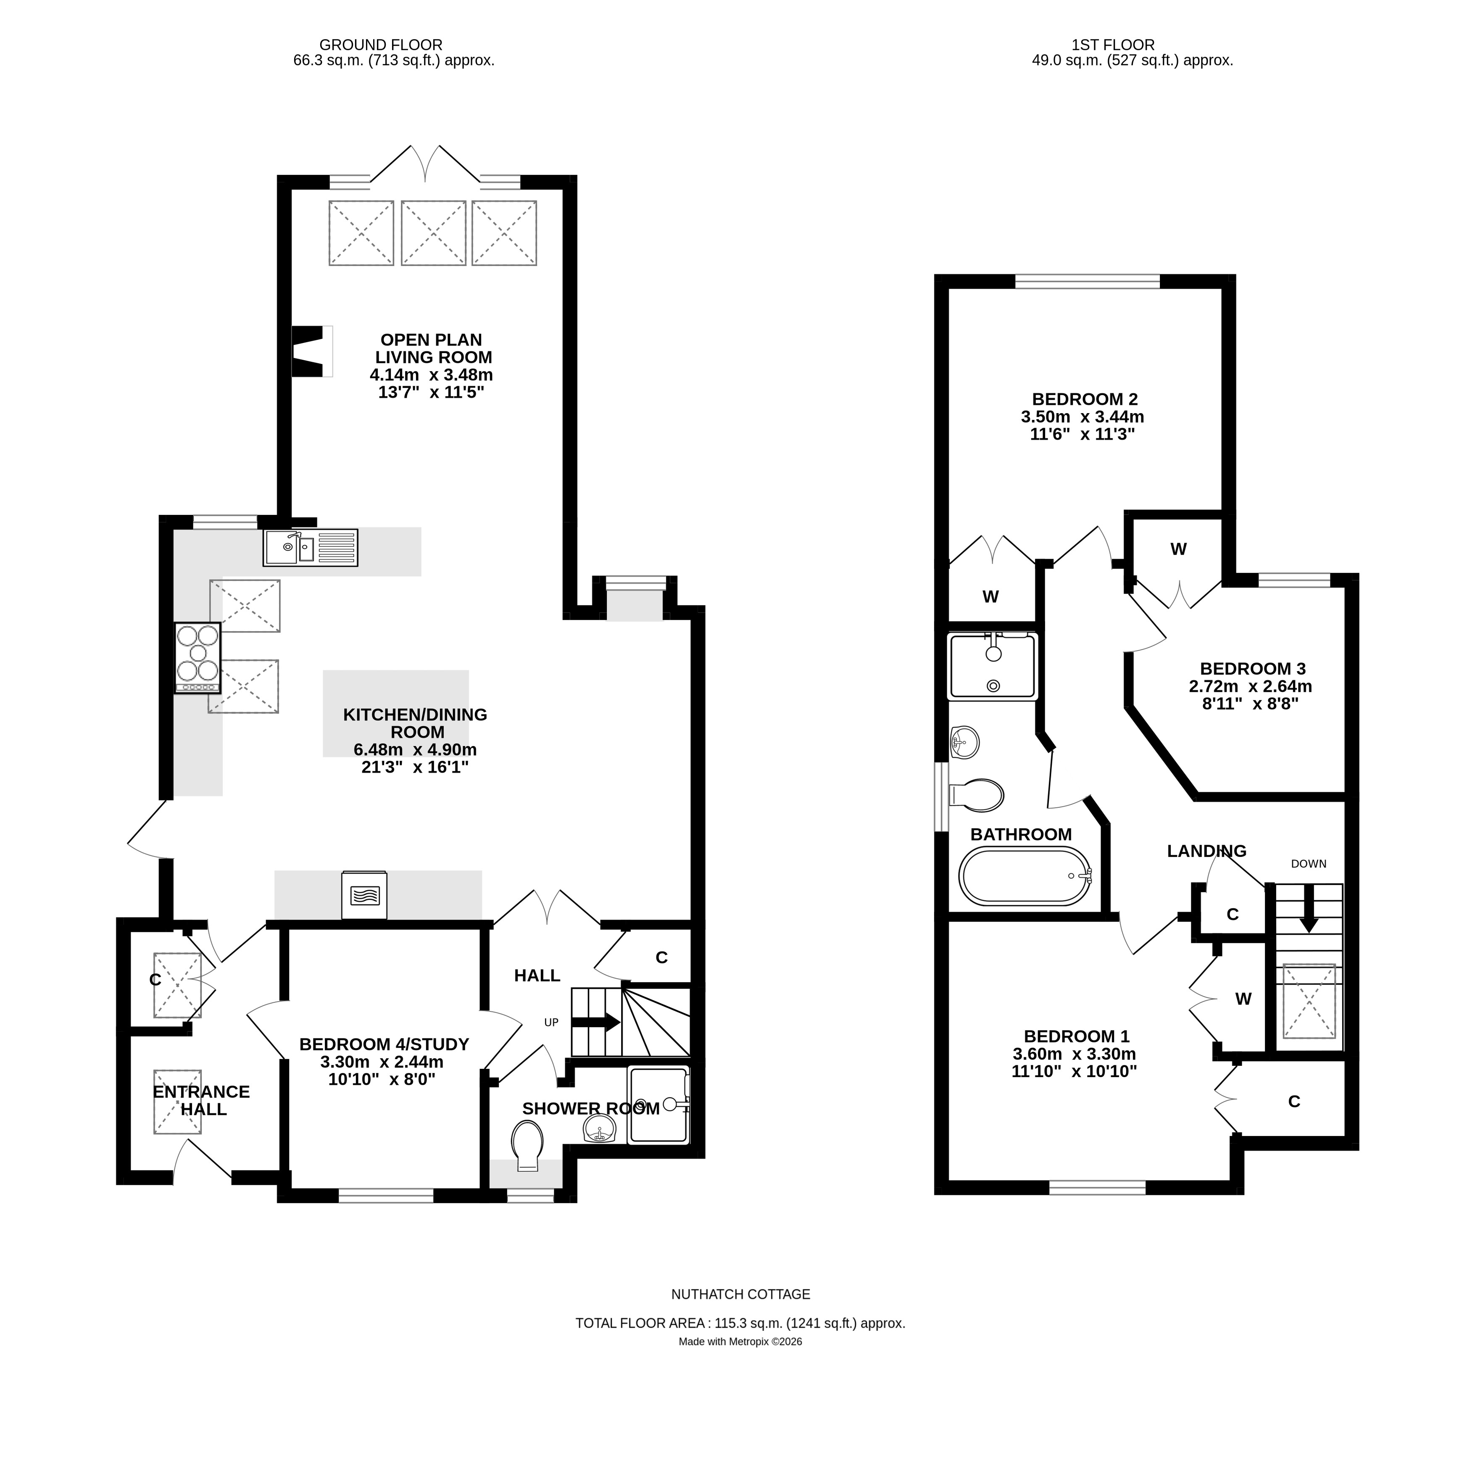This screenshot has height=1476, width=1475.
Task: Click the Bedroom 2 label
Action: point(1085,399)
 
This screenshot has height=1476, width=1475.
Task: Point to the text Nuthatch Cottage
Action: point(740,1294)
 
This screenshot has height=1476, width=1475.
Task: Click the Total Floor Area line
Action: point(740,1323)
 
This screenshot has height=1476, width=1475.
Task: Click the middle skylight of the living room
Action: point(433,233)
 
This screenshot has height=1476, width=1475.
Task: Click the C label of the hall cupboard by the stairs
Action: point(661,957)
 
